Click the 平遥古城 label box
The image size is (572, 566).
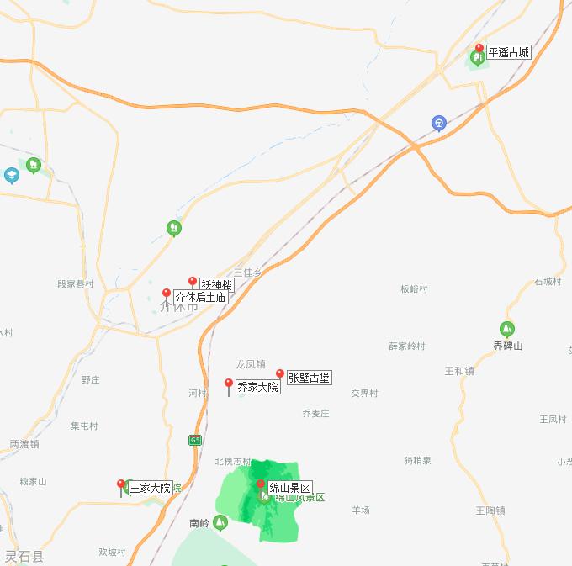coord(509,52)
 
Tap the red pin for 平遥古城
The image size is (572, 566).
coord(479,49)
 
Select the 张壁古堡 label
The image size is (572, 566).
coord(309,378)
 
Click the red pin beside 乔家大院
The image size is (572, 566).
coord(229,384)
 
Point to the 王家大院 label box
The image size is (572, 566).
coord(150,488)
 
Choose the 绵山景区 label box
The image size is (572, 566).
coord(289,488)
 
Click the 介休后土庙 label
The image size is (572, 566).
coord(200,297)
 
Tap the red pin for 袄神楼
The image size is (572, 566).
coord(193,283)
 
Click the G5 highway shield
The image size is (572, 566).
coord(195,440)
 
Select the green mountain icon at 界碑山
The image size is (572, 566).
coord(507,329)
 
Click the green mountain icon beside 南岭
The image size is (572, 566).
coord(220,523)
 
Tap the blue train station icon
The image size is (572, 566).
coord(438,124)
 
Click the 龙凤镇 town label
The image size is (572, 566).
coord(250,364)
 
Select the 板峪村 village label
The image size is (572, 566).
coord(414,289)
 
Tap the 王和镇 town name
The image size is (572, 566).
coord(459,371)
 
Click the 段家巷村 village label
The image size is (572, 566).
coord(75,284)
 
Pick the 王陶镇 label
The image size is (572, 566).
coord(490,510)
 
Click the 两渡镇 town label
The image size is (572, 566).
coord(24,444)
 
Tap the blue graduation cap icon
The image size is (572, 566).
coord(12,175)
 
